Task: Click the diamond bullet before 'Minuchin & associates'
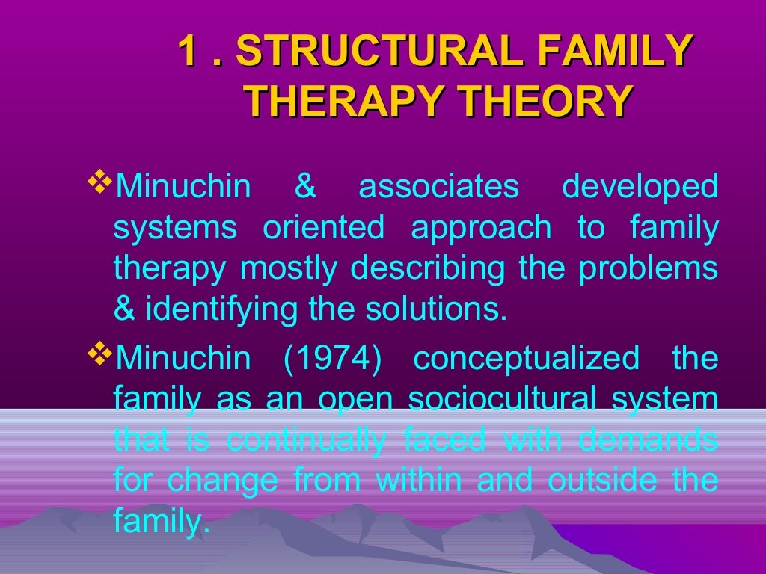pyautogui.click(x=99, y=181)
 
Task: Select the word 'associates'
pyautogui.click(x=438, y=187)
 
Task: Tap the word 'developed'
pyautogui.click(x=640, y=187)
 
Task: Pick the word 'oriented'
pyautogui.click(x=323, y=228)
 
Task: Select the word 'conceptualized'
pyautogui.click(x=526, y=359)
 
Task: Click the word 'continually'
pyautogui.click(x=307, y=441)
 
